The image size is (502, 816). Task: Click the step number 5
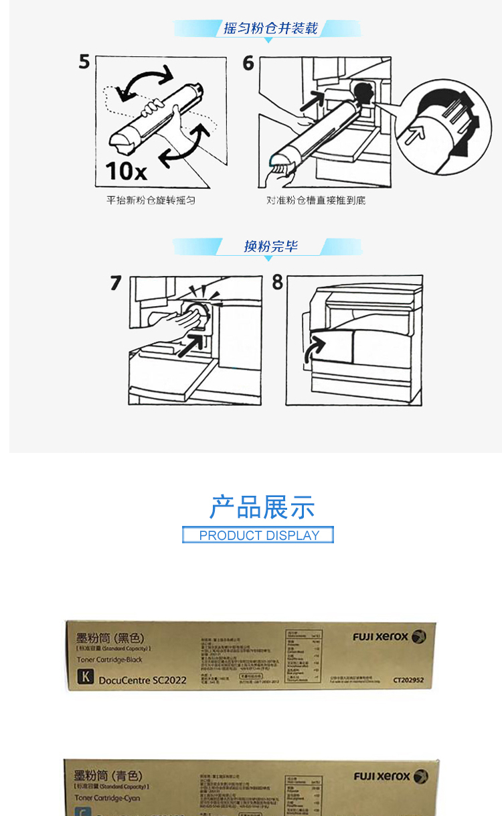(84, 62)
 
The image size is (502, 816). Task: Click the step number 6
(248, 64)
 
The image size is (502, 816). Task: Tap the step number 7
(116, 283)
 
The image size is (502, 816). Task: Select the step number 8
(278, 283)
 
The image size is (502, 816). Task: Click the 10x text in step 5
(126, 172)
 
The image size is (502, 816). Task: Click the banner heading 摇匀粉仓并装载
(270, 28)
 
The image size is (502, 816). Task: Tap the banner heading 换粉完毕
(270, 247)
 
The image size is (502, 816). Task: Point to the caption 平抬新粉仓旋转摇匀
(151, 200)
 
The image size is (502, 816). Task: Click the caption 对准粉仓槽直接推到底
(316, 200)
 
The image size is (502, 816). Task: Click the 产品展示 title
(262, 508)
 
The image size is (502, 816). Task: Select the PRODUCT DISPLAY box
(258, 535)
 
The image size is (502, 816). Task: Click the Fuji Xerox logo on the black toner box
(389, 637)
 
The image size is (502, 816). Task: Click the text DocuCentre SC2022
(142, 680)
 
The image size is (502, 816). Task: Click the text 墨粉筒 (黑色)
(110, 638)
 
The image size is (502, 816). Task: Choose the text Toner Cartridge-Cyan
(108, 798)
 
